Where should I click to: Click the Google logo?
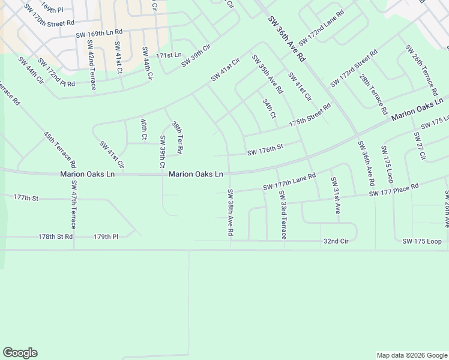pyautogui.click(x=20, y=353)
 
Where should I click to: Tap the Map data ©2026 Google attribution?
pyautogui.click(x=412, y=355)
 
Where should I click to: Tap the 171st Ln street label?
pyautogui.click(x=169, y=55)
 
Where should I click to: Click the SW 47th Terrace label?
pyautogui.click(x=74, y=205)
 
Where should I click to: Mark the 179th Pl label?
pyautogui.click(x=106, y=237)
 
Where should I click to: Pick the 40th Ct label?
pyautogui.click(x=144, y=129)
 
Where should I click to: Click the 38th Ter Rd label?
pyautogui.click(x=176, y=137)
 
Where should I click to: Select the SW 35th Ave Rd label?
pyautogui.click(x=267, y=74)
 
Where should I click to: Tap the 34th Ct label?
pyautogui.click(x=269, y=108)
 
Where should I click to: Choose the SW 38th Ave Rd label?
pyautogui.click(x=230, y=212)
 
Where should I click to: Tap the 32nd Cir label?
pyautogui.click(x=336, y=241)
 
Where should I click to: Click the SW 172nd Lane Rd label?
pyautogui.click(x=321, y=28)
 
